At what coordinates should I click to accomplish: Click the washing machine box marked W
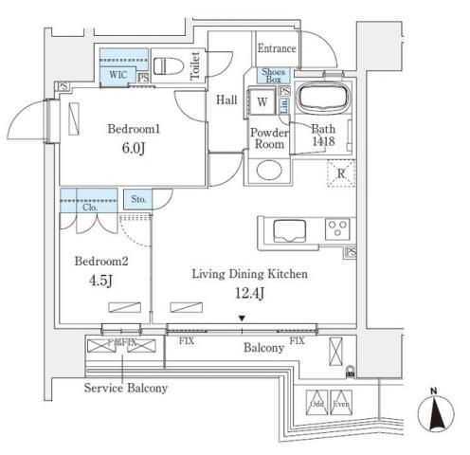click(x=262, y=101)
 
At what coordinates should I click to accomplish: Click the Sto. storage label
click(x=138, y=200)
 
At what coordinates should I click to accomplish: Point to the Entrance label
click(x=276, y=48)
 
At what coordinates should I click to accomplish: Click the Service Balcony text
click(x=126, y=389)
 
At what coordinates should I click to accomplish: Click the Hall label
click(x=226, y=99)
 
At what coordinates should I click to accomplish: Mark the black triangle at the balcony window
click(x=243, y=318)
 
